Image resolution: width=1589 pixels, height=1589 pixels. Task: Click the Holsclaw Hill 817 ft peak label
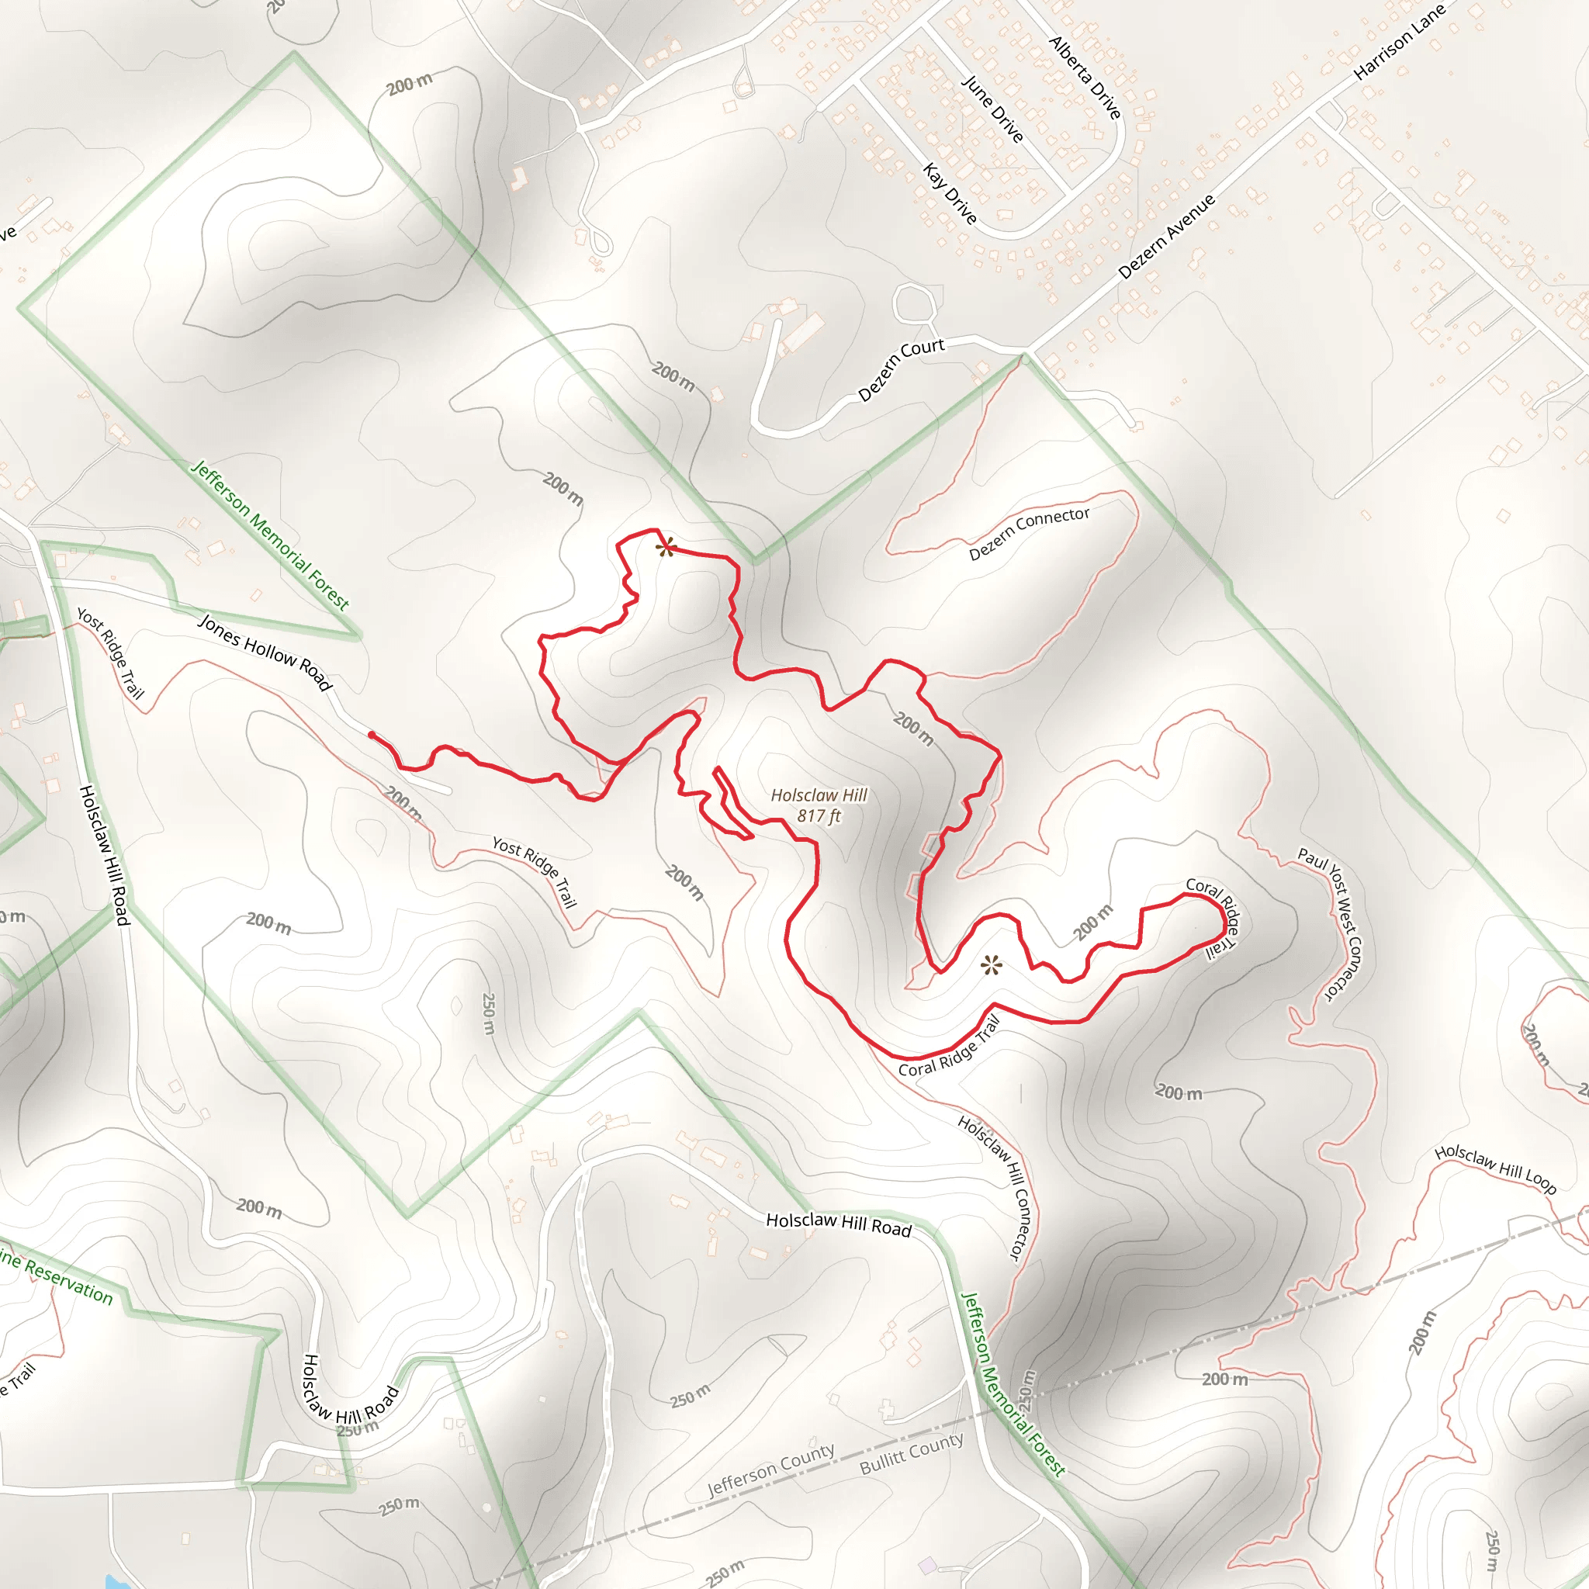pyautogui.click(x=819, y=805)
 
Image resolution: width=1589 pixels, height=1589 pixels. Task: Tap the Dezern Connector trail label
pyautogui.click(x=1029, y=533)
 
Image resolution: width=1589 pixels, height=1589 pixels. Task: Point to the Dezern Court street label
pyautogui.click(x=901, y=369)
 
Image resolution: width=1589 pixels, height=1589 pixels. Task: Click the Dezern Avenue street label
pyautogui.click(x=1166, y=236)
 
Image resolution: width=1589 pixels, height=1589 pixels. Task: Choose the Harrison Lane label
pyautogui.click(x=1399, y=42)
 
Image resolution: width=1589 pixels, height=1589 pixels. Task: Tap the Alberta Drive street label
pyautogui.click(x=1085, y=78)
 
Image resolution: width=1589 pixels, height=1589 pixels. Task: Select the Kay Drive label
pyautogui.click(x=950, y=194)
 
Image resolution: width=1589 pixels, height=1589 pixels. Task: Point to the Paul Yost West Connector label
pyautogui.click(x=1331, y=923)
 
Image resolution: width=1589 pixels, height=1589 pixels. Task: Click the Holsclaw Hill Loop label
pyautogui.click(x=1495, y=1168)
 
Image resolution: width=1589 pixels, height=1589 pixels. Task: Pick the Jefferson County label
pyautogui.click(x=770, y=1470)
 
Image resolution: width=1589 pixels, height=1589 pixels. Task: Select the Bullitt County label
pyautogui.click(x=912, y=1454)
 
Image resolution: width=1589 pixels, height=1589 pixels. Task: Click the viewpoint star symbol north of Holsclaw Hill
pyautogui.click(x=666, y=548)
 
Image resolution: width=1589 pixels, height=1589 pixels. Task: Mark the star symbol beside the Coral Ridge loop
pyautogui.click(x=992, y=965)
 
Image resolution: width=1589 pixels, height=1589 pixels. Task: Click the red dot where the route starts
pyautogui.click(x=372, y=735)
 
